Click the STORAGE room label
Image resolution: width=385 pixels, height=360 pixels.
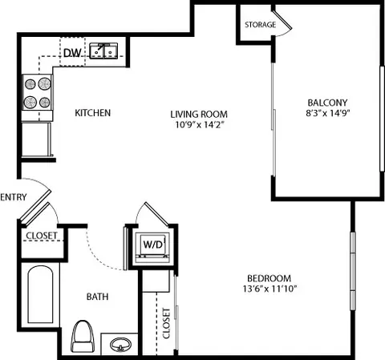click(x=260, y=25)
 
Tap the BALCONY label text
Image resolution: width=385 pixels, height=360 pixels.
click(x=327, y=103)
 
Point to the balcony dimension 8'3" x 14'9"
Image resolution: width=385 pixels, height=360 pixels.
click(x=328, y=113)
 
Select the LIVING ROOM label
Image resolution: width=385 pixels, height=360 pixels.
click(x=199, y=115)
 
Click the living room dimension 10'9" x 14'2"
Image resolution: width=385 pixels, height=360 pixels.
click(x=200, y=124)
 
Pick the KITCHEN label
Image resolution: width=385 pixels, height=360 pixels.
click(x=93, y=113)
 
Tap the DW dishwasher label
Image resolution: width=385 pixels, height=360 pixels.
click(x=72, y=53)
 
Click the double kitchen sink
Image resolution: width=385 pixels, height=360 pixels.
click(x=103, y=51)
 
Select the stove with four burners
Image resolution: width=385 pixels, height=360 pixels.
click(x=38, y=93)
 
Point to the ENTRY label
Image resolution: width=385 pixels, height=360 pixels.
click(x=14, y=197)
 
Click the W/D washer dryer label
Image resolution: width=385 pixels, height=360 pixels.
click(x=152, y=245)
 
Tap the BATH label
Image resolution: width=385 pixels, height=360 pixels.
click(x=97, y=297)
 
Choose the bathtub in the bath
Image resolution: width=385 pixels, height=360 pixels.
click(x=40, y=295)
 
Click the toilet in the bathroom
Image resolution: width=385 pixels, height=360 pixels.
click(x=83, y=336)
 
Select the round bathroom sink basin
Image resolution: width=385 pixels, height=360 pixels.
click(x=121, y=344)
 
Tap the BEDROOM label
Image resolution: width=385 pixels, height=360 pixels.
click(x=269, y=278)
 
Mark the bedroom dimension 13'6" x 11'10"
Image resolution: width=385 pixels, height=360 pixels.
click(x=270, y=289)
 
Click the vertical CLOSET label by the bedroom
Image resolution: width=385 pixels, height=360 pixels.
click(x=166, y=324)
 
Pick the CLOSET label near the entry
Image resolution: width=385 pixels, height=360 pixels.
click(x=42, y=236)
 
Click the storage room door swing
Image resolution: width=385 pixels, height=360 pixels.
click(x=283, y=23)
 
